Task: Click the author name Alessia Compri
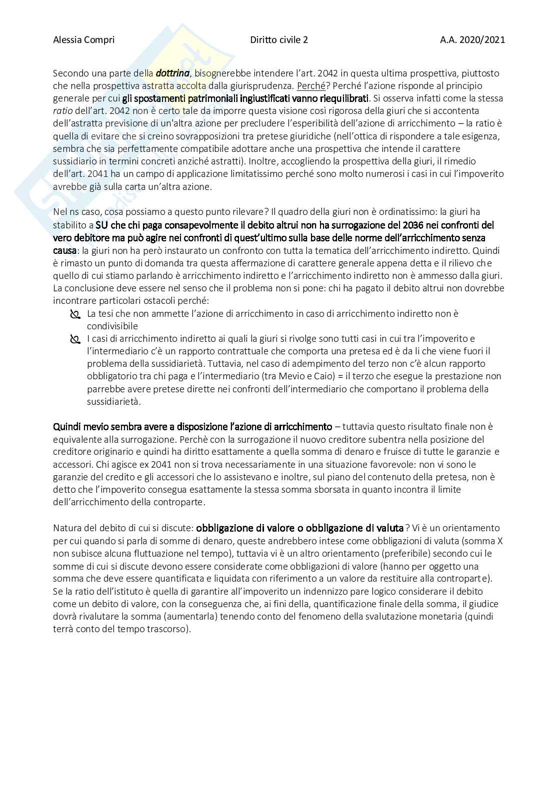[x=83, y=40]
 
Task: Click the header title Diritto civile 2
[x=279, y=40]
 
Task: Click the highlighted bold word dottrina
[x=172, y=73]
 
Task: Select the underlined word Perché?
[x=311, y=86]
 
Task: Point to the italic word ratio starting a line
[x=61, y=111]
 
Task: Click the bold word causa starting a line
[x=64, y=250]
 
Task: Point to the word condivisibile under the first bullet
[x=112, y=326]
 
